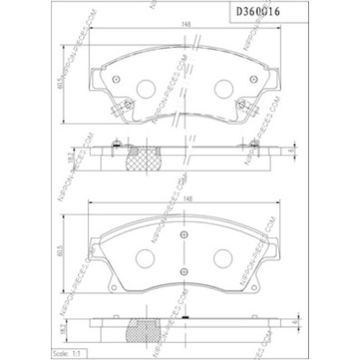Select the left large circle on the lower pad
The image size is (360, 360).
point(146,256)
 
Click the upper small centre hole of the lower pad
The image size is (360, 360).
point(184,234)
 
